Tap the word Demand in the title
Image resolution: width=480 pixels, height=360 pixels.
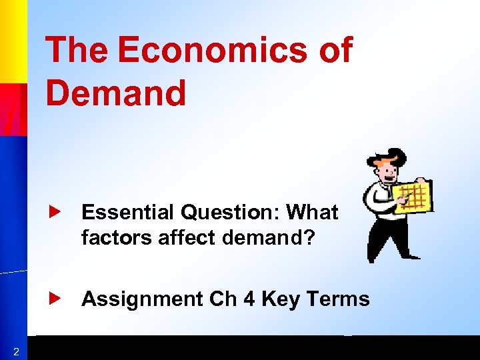116,93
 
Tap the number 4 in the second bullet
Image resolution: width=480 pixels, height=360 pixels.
249,299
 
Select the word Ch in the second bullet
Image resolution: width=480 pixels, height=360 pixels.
223,299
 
